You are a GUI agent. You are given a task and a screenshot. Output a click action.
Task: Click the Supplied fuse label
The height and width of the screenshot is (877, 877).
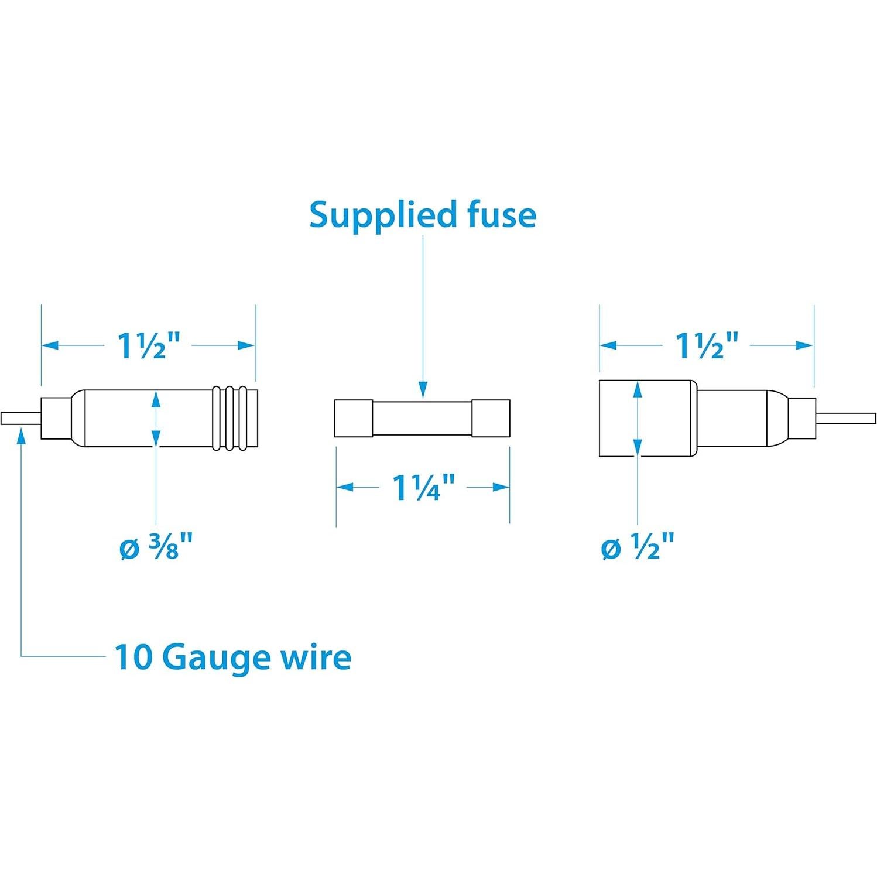click(x=422, y=215)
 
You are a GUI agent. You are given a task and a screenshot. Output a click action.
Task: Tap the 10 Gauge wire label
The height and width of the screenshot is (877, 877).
click(x=232, y=657)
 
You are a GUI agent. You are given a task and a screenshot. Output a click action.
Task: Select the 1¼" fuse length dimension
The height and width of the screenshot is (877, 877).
click(x=423, y=487)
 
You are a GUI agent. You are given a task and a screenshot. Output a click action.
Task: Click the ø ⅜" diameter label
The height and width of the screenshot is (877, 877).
click(x=156, y=549)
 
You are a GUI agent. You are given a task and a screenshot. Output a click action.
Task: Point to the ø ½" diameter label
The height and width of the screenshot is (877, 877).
click(x=638, y=549)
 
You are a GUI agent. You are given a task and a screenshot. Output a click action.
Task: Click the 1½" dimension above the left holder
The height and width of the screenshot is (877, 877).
click(x=148, y=345)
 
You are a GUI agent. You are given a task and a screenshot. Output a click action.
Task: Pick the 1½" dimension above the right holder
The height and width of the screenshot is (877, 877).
click(x=707, y=345)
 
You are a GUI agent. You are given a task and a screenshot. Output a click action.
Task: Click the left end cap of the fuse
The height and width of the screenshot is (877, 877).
click(x=353, y=418)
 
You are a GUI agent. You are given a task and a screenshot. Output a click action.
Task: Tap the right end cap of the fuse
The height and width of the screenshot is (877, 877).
click(x=491, y=418)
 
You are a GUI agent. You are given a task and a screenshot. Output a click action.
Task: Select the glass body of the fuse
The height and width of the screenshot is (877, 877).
click(x=422, y=418)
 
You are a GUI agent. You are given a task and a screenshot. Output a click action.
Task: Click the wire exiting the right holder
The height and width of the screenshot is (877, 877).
click(x=845, y=418)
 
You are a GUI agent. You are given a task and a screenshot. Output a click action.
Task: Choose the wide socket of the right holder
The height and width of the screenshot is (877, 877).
click(x=647, y=418)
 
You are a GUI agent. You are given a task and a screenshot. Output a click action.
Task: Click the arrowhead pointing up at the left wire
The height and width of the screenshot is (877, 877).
click(x=22, y=434)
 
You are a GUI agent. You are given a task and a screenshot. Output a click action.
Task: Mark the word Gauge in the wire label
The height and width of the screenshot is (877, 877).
click(x=207, y=658)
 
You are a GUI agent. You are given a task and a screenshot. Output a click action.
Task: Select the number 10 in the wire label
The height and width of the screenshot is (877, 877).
click(x=132, y=657)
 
